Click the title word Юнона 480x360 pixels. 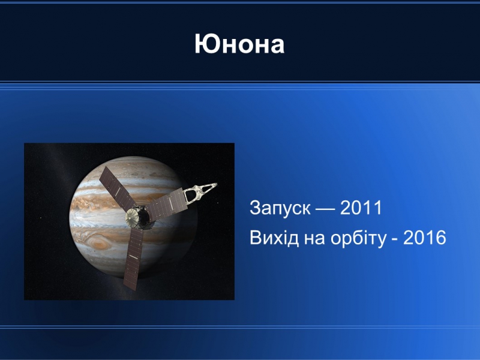239,44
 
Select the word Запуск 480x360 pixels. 280,208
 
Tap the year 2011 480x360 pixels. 361,208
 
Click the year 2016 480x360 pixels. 425,238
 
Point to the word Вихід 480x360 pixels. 274,238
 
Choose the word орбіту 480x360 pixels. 358,238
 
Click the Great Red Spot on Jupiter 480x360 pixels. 100,244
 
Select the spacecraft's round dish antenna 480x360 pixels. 133,217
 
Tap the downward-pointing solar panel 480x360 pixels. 133,259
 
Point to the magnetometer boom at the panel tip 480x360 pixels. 200,192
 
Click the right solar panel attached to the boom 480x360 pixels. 167,203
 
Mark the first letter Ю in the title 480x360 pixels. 207,44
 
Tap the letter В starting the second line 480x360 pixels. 256,238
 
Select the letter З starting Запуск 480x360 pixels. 256,208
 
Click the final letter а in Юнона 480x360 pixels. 277,47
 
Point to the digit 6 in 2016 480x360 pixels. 441,238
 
